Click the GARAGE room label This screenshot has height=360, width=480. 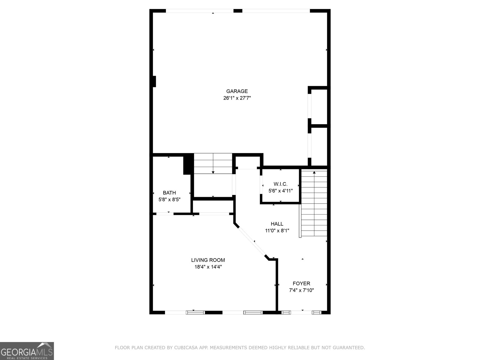[237, 91]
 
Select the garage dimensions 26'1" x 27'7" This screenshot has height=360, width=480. [237, 98]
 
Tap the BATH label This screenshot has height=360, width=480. [169, 193]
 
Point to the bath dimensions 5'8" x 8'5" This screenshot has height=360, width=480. [169, 199]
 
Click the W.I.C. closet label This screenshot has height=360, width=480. [280, 184]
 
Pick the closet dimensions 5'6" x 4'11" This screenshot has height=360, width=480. [280, 191]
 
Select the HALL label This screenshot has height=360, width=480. [277, 224]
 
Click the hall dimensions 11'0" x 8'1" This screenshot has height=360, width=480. [277, 231]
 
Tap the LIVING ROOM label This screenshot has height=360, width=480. [208, 260]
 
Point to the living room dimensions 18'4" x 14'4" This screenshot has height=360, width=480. [208, 267]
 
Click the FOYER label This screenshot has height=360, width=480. [301, 283]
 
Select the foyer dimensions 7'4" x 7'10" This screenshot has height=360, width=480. [301, 290]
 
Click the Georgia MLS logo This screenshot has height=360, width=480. [27, 351]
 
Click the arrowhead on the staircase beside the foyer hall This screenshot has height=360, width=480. [314, 172]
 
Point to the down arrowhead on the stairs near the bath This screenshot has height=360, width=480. [213, 173]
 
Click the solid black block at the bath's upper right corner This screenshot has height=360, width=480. [188, 164]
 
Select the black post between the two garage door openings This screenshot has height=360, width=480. [238, 11]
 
